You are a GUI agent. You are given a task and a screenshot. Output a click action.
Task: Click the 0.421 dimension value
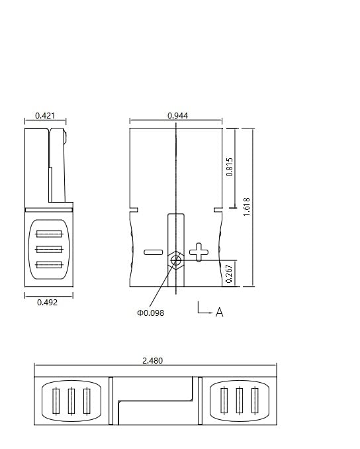pos(45,116)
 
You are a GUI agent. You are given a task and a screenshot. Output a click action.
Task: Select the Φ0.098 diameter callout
pos(150,313)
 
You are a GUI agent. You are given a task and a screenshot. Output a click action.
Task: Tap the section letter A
pos(220,312)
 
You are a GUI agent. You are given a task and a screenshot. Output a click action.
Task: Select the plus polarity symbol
pos(197,251)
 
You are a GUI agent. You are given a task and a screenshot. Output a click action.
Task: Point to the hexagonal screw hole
pos(176,260)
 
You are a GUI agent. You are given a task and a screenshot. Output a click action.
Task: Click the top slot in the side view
pos(50,233)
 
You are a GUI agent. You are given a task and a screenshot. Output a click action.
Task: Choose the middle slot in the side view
pos(50,249)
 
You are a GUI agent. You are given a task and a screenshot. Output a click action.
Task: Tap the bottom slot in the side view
pos(50,265)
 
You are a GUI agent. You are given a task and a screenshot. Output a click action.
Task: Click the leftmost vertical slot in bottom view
pos(56,401)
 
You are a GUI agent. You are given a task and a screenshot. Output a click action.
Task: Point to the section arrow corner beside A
pos(199,312)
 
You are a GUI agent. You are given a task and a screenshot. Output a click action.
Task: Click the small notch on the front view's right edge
pos(217,210)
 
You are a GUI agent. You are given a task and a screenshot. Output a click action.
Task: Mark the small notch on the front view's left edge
pos(134,210)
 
